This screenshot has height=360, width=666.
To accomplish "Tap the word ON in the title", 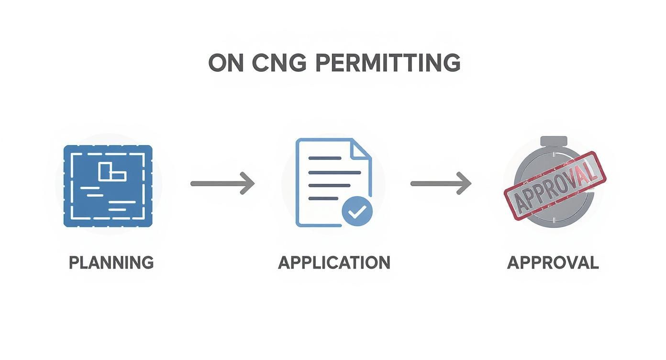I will (x=226, y=63).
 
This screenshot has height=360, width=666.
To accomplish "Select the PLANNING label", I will (x=111, y=263).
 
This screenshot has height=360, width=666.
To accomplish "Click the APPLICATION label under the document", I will (x=334, y=263).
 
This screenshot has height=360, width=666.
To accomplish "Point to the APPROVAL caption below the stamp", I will (x=553, y=263).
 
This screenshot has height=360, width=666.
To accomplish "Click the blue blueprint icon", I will (x=108, y=186).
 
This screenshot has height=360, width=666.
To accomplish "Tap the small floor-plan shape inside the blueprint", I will (x=111, y=171).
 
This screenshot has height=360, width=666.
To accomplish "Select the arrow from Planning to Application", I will (x=222, y=183).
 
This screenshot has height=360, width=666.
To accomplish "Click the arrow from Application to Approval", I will (x=441, y=183).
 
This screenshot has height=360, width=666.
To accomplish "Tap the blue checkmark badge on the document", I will (x=356, y=212).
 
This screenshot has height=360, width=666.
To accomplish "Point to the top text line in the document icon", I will (x=325, y=158).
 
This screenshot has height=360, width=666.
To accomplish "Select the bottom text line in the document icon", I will (x=323, y=198).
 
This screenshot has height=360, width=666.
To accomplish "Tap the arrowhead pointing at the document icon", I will (x=248, y=183).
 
